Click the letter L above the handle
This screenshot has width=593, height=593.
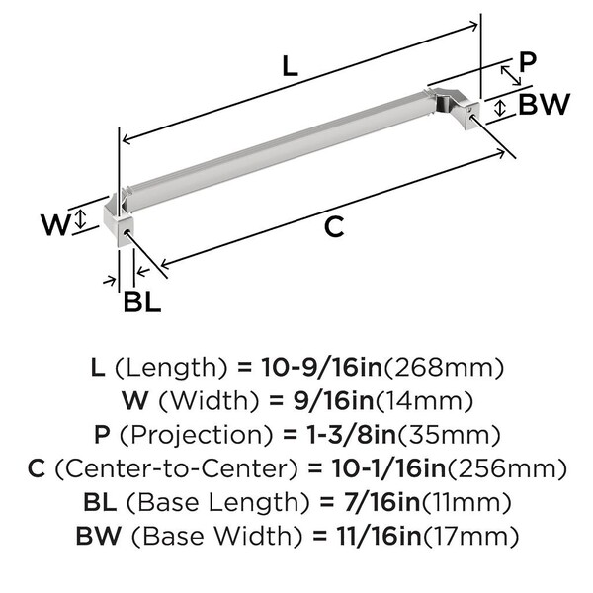[291, 66]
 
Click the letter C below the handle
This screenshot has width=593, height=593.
[334, 227]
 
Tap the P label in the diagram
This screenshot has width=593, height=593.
[528, 62]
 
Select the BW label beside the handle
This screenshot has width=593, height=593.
[544, 104]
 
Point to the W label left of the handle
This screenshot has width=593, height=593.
[56, 224]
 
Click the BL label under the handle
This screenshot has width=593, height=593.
[142, 301]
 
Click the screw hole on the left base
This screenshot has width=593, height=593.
[127, 232]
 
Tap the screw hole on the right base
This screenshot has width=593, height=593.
[471, 116]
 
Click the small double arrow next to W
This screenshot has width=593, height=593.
[80, 220]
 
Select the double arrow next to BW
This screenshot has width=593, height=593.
[500, 108]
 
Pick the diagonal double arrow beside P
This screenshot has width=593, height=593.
[511, 76]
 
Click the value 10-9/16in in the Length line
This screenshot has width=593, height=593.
[322, 368]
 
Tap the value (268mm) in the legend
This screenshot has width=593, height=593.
[444, 368]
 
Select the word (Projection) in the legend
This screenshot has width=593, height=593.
[196, 435]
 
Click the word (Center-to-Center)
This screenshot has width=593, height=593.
[177, 468]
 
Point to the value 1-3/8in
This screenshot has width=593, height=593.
[350, 435]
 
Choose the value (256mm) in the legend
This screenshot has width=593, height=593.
[507, 468]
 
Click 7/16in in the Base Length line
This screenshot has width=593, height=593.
[381, 502]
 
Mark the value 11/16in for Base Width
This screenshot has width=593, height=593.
[380, 537]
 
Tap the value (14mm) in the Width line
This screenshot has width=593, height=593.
[424, 401]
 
